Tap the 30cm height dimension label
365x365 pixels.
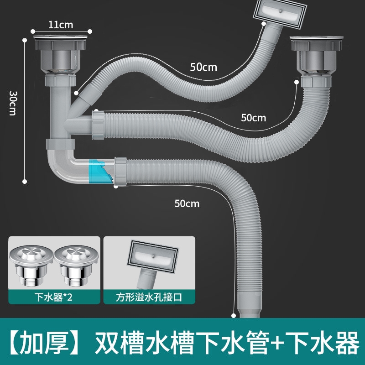(x=12, y=103)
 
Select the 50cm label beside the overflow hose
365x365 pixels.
(x=203, y=67)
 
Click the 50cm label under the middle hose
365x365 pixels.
(x=253, y=117)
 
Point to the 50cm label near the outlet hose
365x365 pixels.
(x=187, y=203)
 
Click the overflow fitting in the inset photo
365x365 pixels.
(x=153, y=258)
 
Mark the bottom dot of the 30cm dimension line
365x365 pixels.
(x=24, y=181)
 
